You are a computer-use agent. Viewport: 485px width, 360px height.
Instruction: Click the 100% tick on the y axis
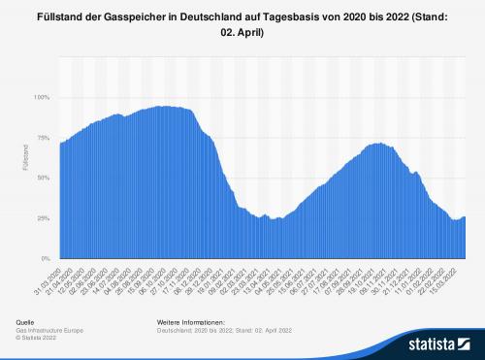pos(43,98)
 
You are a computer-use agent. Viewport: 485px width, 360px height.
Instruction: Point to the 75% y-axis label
pos(45,139)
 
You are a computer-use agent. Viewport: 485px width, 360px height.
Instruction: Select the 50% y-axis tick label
pos(45,179)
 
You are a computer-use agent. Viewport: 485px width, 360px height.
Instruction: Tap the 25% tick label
pos(45,219)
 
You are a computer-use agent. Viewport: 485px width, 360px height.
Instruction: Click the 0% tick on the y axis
pos(47,259)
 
